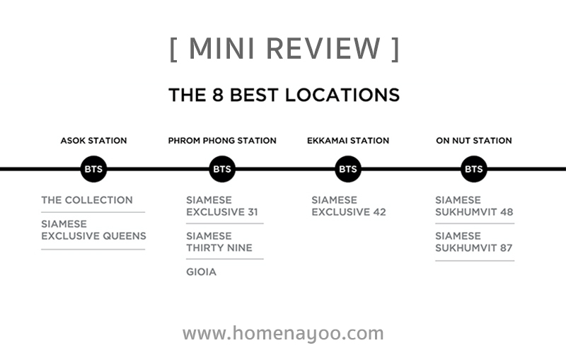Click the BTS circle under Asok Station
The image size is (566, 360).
pos(93,169)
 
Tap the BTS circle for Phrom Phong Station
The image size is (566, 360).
pos(222,169)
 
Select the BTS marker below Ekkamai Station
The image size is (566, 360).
pos(348,169)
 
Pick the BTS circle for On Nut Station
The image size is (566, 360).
pos(473,169)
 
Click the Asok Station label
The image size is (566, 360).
pos(93,141)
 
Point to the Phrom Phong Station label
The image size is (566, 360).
pos(222,141)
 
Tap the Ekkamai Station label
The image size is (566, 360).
pos(348,141)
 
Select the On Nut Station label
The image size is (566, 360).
pos(473,141)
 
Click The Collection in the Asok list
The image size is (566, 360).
pos(87,200)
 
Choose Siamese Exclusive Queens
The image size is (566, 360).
pos(93,230)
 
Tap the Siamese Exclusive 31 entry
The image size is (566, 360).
pos(222,206)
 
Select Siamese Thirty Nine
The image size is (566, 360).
pos(219,242)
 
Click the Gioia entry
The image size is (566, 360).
pos(201,272)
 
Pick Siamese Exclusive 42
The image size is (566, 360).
pos(349,206)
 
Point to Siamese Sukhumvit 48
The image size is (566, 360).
pos(474,206)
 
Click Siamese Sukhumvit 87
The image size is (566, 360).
pos(473,242)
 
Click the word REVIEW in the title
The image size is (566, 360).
pos(323,48)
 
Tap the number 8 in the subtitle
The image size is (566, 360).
pos(218,95)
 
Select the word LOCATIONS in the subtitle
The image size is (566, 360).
pos(342,95)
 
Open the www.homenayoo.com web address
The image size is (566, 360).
pos(283,333)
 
